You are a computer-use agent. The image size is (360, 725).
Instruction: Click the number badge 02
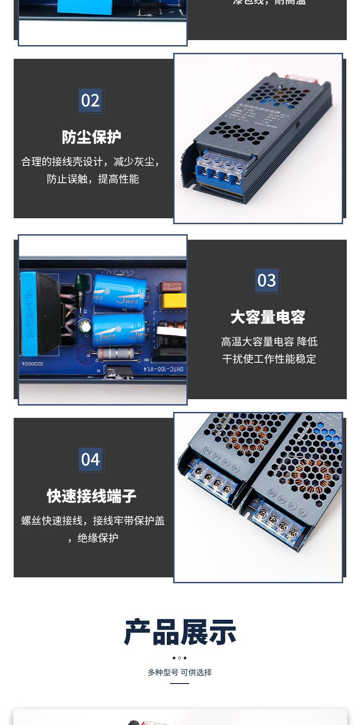coord(90,101)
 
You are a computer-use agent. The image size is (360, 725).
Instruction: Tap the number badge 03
coord(267,280)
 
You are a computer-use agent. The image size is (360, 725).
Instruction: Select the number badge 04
coord(90,460)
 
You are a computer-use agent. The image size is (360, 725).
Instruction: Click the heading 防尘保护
coord(91,137)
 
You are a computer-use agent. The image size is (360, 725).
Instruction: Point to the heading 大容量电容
coord(267,317)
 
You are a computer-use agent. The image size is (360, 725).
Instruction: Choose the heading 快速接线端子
coord(91,496)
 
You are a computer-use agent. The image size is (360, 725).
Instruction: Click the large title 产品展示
coord(180,632)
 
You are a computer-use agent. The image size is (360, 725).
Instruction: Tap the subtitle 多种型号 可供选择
coord(180,672)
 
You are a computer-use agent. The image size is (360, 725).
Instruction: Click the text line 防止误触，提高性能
coord(93,179)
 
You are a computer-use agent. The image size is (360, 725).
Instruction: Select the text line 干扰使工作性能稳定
coord(269,359)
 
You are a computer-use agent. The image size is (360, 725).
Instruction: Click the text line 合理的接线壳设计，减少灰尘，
coord(91,162)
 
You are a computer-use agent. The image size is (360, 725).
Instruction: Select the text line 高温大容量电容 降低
coord(269,342)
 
